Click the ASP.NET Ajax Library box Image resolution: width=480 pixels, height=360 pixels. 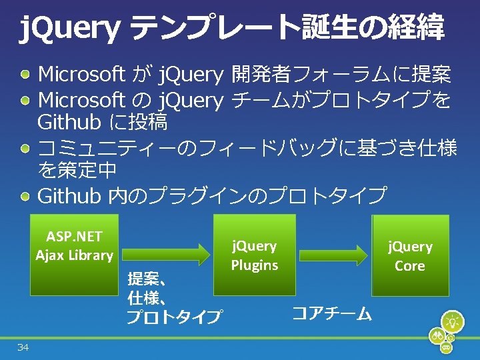click(74, 254)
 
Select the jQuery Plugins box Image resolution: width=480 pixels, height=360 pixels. click(254, 255)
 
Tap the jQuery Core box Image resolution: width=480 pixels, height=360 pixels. click(409, 255)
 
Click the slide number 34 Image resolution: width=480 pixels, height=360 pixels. click(23, 347)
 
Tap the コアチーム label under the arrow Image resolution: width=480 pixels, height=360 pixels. click(332, 313)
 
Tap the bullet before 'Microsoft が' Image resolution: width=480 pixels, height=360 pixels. click(25, 74)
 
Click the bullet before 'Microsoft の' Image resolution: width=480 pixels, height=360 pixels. click(25, 100)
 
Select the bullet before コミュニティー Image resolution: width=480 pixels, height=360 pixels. click(25, 147)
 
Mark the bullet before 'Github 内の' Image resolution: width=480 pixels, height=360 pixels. click(25, 195)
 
